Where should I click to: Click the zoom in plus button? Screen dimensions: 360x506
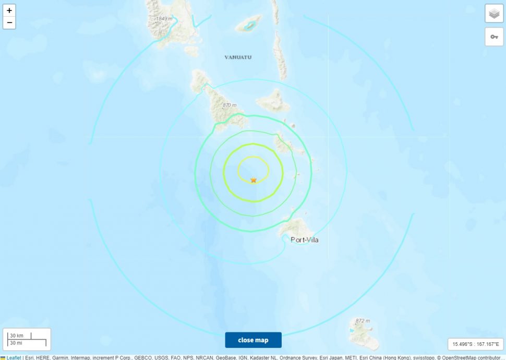(9, 10)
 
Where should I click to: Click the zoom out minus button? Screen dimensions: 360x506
(9, 23)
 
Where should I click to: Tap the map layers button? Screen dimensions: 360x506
(494, 14)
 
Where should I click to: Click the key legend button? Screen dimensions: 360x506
(494, 37)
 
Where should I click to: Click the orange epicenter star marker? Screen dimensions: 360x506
(254, 180)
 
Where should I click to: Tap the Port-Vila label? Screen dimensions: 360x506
(304, 240)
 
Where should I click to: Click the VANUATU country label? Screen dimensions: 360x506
(237, 57)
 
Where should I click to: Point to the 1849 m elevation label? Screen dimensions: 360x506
(164, 19)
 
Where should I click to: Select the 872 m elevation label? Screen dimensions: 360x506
(362, 320)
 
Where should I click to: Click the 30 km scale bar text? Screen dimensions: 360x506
(16, 335)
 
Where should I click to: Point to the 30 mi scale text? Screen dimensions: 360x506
(16, 343)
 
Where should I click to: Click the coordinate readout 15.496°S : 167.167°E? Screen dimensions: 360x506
(475, 344)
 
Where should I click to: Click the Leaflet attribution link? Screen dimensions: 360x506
(14, 357)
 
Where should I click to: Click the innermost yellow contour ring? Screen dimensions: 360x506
(254, 157)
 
